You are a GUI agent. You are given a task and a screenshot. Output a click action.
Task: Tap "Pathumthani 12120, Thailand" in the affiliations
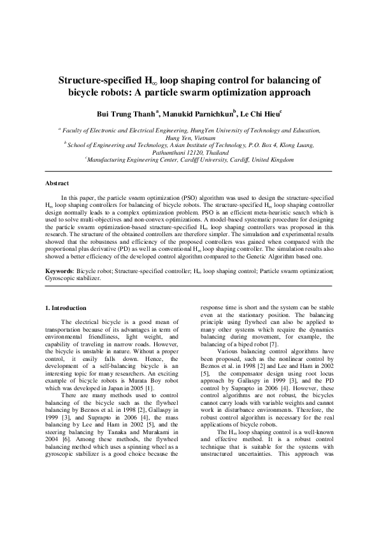189,153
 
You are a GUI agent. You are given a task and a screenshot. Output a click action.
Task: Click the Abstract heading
57,183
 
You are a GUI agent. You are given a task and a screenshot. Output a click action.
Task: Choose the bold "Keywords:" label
59,271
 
